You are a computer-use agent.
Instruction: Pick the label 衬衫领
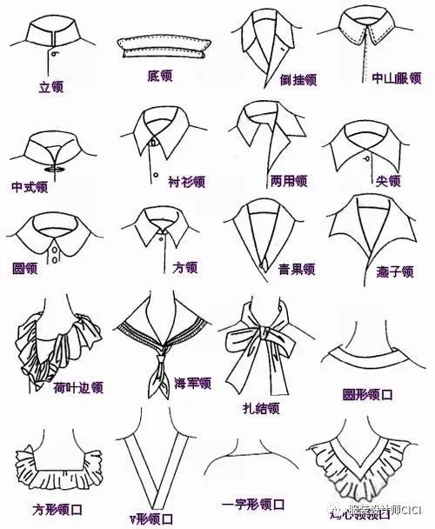[186, 182]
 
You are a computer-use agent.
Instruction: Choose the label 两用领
[288, 181]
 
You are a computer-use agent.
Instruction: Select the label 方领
[185, 267]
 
